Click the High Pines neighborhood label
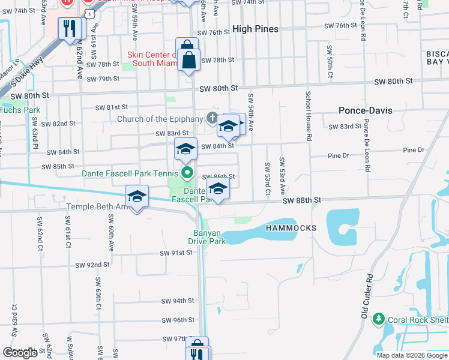pyautogui.click(x=255, y=29)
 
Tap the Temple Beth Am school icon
pyautogui.click(x=137, y=196)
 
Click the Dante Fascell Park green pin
pyautogui.click(x=187, y=174)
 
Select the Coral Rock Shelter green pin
pyautogui.click(x=378, y=318)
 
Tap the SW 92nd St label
pyautogui.click(x=92, y=265)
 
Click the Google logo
pyautogui.click(x=20, y=353)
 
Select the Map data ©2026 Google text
pyautogui.click(x=412, y=355)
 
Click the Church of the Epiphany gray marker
pyautogui.click(x=212, y=118)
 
